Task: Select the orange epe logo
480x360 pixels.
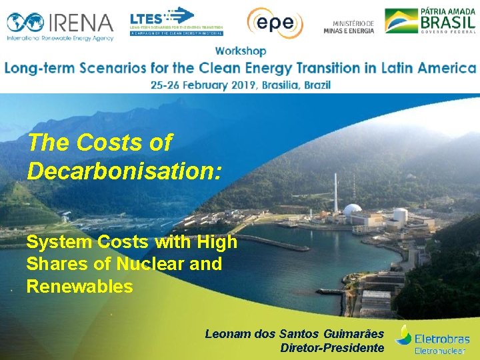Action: (x=275, y=22)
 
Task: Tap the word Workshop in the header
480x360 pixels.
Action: (x=241, y=51)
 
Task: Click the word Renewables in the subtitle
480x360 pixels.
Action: (x=79, y=287)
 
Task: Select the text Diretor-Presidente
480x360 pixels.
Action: (x=332, y=347)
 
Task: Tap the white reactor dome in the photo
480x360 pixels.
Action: (x=353, y=213)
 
